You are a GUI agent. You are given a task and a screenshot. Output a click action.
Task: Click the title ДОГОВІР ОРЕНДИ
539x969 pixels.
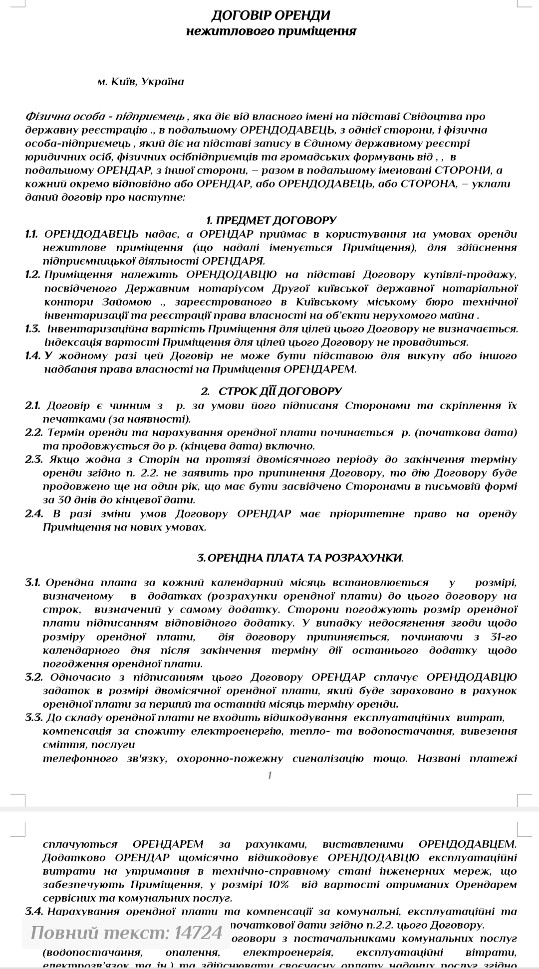point(270,15)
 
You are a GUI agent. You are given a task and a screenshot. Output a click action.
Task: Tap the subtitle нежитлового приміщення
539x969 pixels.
point(271,31)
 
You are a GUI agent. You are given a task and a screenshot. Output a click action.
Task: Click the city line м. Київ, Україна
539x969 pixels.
point(141,82)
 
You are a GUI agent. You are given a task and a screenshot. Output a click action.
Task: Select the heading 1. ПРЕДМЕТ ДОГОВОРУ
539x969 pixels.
point(271,220)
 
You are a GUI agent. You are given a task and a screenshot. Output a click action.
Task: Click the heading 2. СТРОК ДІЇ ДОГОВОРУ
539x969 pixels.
point(271,391)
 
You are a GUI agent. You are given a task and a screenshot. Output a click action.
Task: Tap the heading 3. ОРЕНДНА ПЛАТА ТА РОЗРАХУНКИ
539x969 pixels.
point(300,558)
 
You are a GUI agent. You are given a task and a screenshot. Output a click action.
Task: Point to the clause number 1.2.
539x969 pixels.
point(32,274)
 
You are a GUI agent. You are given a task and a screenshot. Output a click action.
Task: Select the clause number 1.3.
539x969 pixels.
point(32,328)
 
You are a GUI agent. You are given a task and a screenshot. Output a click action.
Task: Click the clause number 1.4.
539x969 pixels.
point(32,356)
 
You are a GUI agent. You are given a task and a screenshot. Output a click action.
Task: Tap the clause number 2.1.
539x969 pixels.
point(32,405)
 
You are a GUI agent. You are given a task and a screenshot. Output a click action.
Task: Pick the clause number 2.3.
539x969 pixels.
point(32,459)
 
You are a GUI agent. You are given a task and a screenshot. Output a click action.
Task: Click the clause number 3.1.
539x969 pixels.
point(33,583)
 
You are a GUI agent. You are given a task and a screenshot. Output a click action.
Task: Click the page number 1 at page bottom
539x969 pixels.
point(270,775)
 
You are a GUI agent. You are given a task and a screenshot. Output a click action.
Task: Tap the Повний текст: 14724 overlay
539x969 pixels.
point(126,932)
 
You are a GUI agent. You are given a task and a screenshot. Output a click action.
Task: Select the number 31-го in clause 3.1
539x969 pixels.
point(501,637)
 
